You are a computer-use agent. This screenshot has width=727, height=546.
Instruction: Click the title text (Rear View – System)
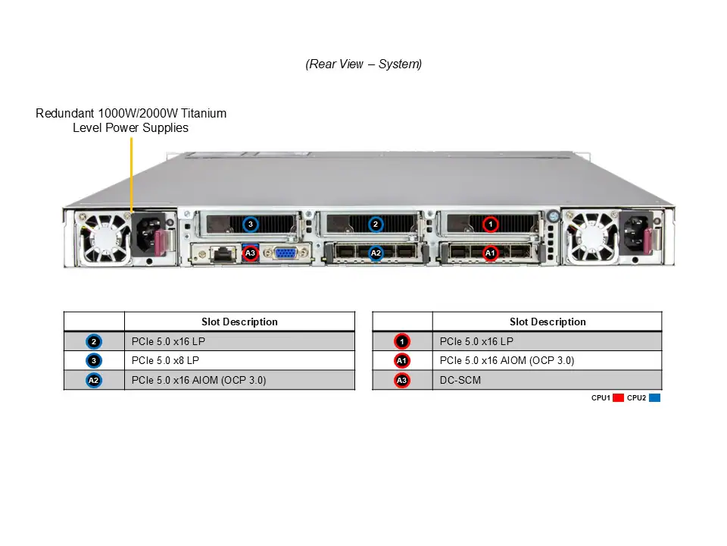click(363, 64)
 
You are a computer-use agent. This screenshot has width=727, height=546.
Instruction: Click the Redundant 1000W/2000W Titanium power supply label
click(131, 121)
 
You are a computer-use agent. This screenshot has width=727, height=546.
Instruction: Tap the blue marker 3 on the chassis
click(251, 224)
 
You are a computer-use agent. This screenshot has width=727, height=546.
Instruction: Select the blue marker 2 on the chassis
click(376, 224)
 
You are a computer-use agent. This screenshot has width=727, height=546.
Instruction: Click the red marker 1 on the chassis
click(491, 224)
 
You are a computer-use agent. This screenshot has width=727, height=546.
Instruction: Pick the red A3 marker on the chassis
click(251, 253)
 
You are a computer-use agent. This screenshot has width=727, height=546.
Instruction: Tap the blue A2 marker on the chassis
click(376, 253)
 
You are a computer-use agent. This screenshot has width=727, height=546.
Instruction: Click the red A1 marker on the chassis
click(490, 253)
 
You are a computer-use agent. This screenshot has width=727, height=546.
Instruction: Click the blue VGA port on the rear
click(285, 253)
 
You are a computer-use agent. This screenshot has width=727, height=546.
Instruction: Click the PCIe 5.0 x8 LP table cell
click(239, 361)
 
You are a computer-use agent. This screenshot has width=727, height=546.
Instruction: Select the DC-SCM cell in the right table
click(548, 381)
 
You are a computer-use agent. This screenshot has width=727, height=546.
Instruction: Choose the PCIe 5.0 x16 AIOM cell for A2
click(239, 381)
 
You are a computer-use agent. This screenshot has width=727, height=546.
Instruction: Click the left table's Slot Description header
click(239, 322)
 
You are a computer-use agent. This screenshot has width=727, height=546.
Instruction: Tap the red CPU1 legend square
click(618, 397)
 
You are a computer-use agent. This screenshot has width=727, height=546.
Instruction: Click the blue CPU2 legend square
click(655, 397)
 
